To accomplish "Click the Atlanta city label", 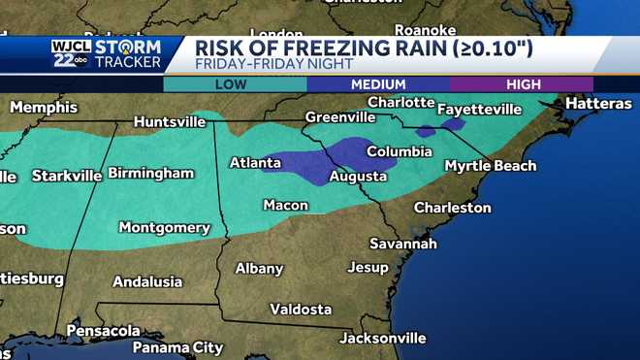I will click(x=255, y=163).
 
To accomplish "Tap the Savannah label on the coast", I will click(x=403, y=243).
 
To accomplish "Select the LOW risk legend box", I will click(x=235, y=84).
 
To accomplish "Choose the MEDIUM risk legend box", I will click(x=378, y=84).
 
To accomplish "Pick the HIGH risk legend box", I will click(x=521, y=84).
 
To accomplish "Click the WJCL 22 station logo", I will click(x=70, y=54).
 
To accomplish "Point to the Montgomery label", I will click(x=164, y=227).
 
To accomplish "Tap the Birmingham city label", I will click(x=150, y=173).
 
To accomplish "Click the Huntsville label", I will click(x=170, y=122).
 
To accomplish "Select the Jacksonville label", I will click(x=382, y=338).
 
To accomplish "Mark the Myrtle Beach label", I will click(x=490, y=166).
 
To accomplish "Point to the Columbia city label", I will click(x=399, y=151).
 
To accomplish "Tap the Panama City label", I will click(x=177, y=347).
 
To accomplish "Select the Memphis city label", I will click(x=43, y=107).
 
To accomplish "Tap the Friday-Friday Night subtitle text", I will click(x=270, y=65).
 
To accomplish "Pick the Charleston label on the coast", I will click(x=452, y=208).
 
